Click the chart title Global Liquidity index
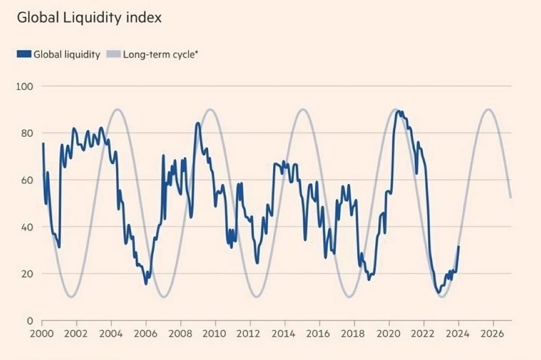(89, 17)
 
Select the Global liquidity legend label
(67, 54)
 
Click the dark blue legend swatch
(24, 54)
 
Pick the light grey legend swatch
(114, 54)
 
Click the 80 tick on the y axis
(27, 133)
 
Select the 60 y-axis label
(27, 180)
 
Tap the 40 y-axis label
(27, 227)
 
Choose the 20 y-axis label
(27, 274)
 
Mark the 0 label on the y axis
(30, 321)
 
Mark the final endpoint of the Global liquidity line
(459, 247)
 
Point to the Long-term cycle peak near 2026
(489, 109)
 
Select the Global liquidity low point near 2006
(146, 284)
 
